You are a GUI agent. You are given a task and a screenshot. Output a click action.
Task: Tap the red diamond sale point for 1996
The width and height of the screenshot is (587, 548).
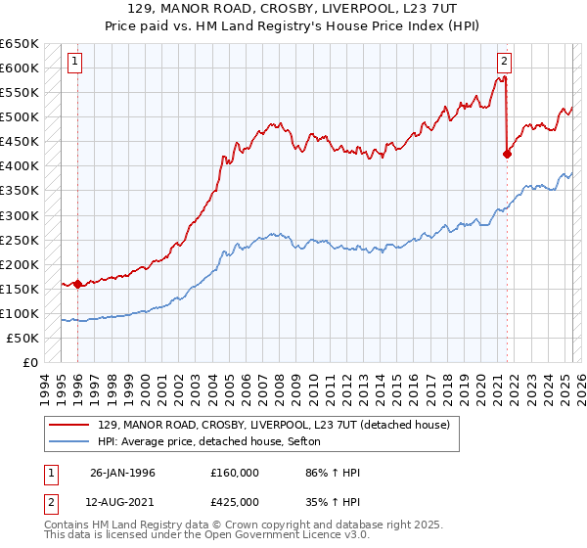click(x=77, y=285)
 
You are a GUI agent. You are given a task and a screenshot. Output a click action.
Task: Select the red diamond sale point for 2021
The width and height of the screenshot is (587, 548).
click(x=507, y=154)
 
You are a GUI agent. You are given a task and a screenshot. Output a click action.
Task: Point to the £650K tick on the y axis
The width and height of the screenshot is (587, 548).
click(x=21, y=44)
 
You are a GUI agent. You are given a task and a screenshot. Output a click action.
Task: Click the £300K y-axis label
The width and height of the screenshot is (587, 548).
click(x=21, y=215)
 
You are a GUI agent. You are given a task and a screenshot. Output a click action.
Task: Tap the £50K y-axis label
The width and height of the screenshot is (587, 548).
click(x=24, y=338)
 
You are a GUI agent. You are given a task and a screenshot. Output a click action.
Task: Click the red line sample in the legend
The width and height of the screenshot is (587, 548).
click(x=71, y=425)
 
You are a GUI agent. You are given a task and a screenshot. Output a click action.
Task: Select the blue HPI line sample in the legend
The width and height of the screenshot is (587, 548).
click(x=71, y=442)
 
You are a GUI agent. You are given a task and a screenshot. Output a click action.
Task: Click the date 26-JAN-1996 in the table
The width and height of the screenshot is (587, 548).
click(x=122, y=473)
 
